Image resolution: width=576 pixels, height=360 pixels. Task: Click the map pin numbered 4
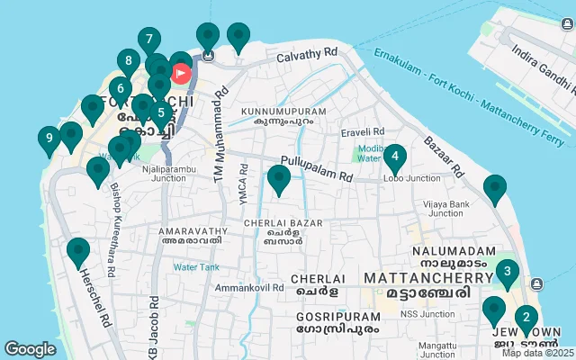394,157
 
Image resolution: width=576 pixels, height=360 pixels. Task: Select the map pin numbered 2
526,318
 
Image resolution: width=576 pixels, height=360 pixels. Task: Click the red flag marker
181,72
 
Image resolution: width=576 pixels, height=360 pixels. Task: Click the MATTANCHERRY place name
415,278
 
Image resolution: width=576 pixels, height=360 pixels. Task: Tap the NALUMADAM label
454,251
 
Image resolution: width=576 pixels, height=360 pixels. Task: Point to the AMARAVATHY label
190,230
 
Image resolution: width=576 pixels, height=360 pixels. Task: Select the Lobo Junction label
411,178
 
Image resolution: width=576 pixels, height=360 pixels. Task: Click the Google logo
30,348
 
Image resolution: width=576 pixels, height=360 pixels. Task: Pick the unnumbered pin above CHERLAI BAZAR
279,179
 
